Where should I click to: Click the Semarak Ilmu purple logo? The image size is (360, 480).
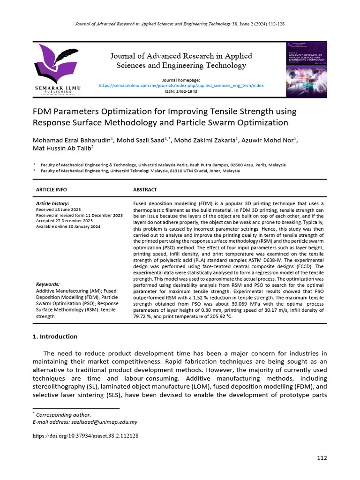[56, 63]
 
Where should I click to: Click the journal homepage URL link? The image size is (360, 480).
[181, 86]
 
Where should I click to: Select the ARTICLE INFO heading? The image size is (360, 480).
[52, 189]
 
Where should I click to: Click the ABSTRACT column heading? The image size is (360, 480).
[145, 189]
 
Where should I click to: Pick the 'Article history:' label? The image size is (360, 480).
[52, 203]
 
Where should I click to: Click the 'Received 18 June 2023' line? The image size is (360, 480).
[58, 210]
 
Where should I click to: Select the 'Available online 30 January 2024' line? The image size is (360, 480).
[68, 226]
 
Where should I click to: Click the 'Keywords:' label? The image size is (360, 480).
[48, 284]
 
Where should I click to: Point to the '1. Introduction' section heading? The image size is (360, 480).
[55, 337]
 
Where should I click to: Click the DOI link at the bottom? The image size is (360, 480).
[85, 435]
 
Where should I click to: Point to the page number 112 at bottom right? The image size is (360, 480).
[322, 458]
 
